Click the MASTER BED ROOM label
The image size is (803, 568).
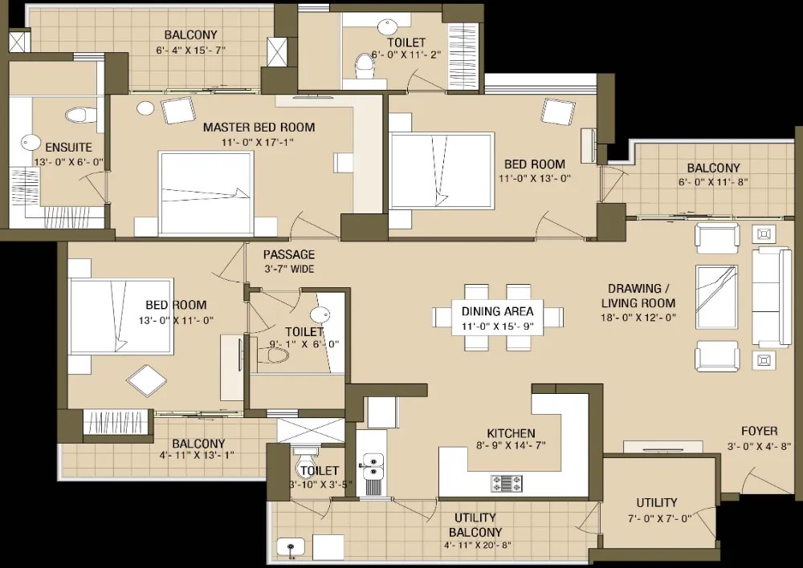tap(259, 128)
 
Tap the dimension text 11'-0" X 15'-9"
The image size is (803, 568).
tap(497, 327)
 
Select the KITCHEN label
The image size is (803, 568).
tap(511, 433)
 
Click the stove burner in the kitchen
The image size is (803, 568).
tap(507, 484)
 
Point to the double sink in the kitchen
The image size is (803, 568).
tap(373, 467)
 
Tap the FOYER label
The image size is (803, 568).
tap(760, 431)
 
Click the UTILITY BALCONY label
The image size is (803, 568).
tap(475, 525)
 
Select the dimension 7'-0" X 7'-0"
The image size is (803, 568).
tap(659, 518)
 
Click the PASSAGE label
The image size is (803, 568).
tap(289, 254)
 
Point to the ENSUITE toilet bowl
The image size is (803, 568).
tap(81, 115)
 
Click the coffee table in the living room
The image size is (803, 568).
tap(716, 297)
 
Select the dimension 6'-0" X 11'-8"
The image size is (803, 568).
tap(713, 181)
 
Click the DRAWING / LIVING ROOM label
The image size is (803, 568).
tap(638, 296)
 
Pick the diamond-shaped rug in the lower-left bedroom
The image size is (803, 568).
tap(147, 379)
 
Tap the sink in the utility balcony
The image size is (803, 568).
tap(291, 548)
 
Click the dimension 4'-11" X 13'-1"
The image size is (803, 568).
tap(198, 455)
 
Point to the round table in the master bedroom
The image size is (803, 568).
tap(146, 108)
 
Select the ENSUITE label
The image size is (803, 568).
tap(68, 148)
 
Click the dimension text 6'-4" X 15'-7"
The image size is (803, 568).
tap(191, 51)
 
